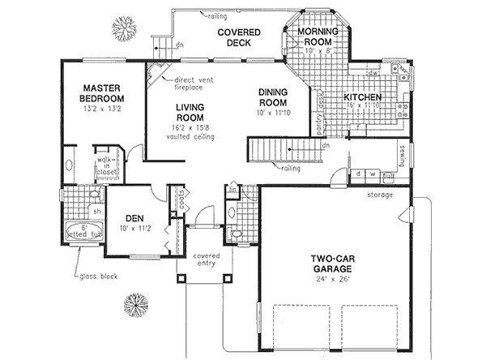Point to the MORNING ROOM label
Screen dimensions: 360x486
pyautogui.click(x=316, y=36)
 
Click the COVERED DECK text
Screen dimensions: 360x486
pyautogui.click(x=232, y=38)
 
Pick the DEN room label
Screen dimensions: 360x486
pyautogui.click(x=134, y=217)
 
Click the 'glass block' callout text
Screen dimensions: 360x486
pyautogui.click(x=98, y=276)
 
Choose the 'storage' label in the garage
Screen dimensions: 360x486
pyautogui.click(x=378, y=195)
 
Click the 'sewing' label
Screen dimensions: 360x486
pyautogui.click(x=402, y=152)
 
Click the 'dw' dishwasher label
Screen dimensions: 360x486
pyautogui.click(x=376, y=73)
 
